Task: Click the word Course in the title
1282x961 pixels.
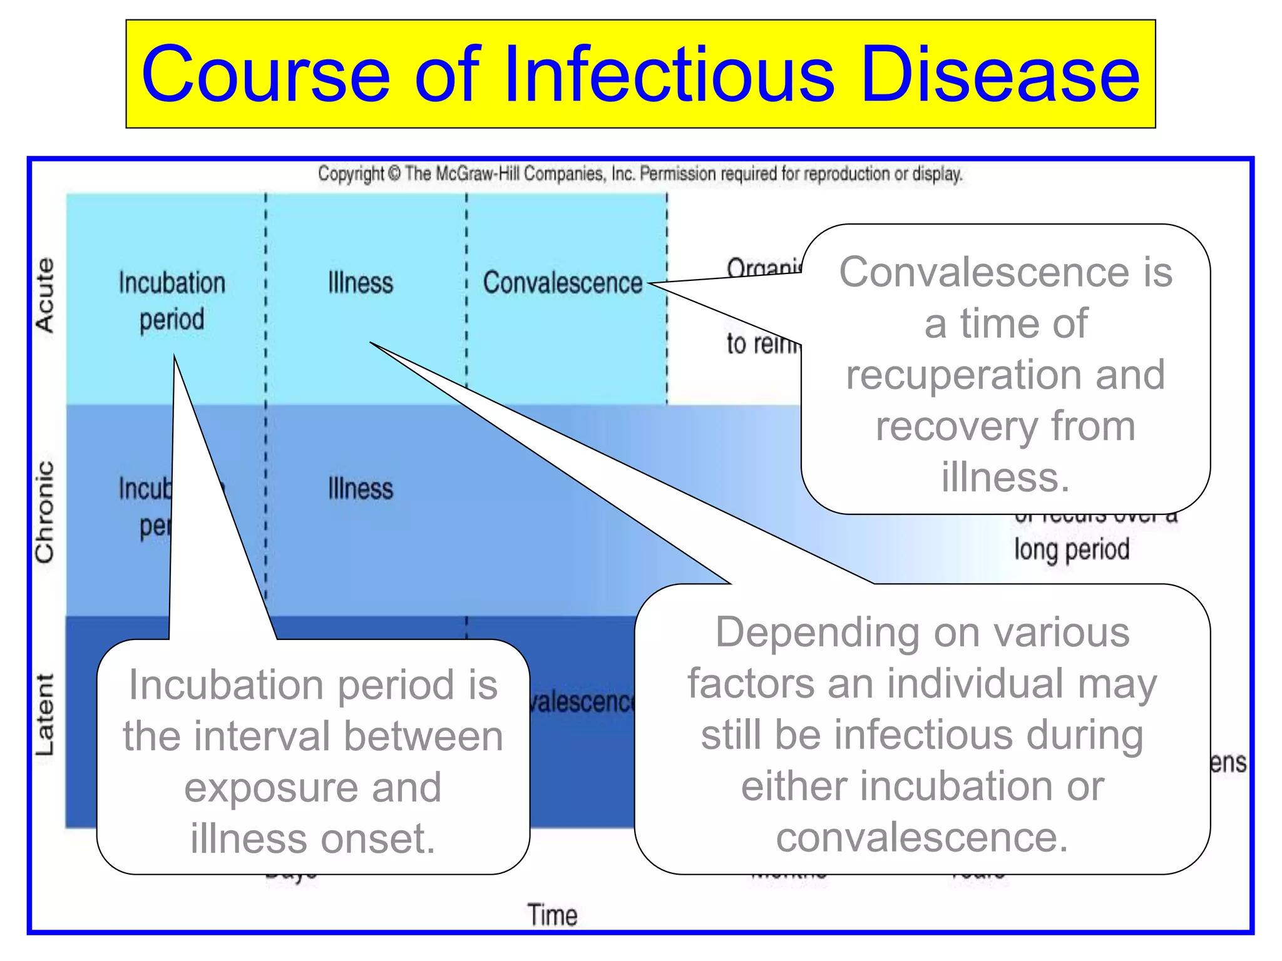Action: pos(265,75)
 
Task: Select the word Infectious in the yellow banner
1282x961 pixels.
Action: pos(669,75)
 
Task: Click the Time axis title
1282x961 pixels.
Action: pos(551,915)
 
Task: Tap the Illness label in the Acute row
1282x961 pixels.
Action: pos(361,283)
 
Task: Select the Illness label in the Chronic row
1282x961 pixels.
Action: pos(361,489)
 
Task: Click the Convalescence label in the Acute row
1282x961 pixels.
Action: pos(562,283)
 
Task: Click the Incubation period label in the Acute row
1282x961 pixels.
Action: pos(172,301)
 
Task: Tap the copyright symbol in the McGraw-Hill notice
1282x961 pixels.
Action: pos(394,173)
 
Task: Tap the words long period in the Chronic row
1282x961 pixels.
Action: pos(1072,549)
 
